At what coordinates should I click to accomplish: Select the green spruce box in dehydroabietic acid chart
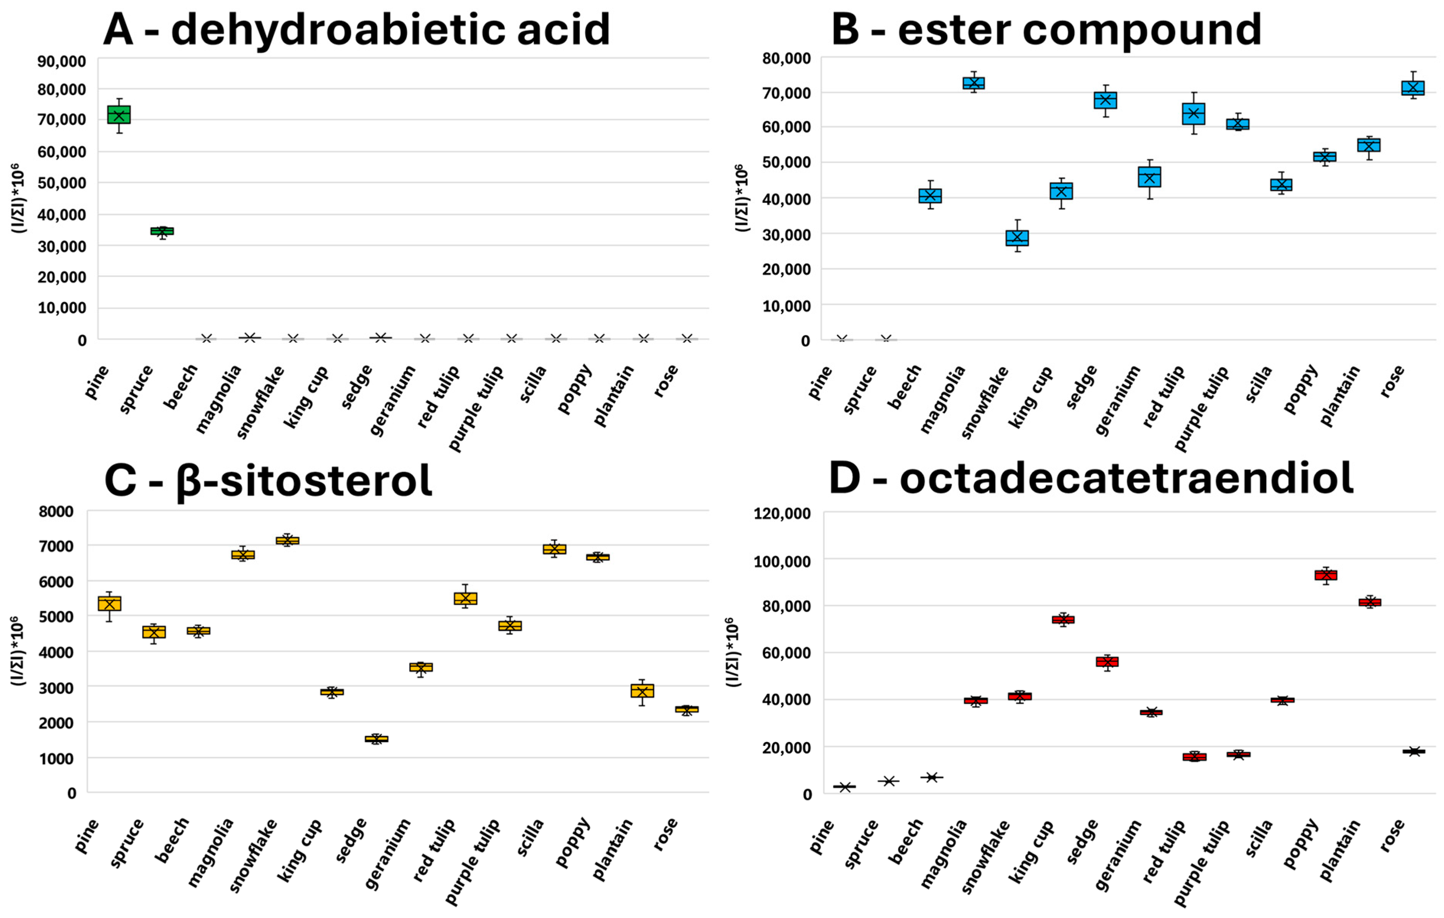click(162, 231)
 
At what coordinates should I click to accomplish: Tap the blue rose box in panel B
click(1412, 88)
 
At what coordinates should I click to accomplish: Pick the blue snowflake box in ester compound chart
click(1017, 238)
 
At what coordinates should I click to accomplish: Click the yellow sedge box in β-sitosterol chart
click(377, 739)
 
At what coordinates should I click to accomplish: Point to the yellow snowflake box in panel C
click(287, 540)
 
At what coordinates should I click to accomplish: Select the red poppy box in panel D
click(1325, 575)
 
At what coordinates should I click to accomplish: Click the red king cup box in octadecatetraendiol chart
click(1063, 619)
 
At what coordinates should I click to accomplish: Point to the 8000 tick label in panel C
click(56, 511)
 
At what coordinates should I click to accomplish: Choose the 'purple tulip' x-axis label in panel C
click(472, 861)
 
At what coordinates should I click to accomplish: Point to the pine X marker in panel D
click(845, 787)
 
